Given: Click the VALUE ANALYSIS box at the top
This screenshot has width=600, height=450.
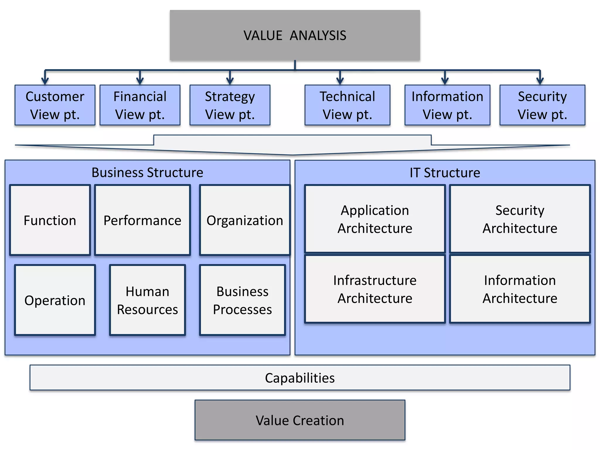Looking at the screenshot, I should (x=295, y=35).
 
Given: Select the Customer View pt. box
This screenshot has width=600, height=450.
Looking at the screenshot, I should (x=55, y=105).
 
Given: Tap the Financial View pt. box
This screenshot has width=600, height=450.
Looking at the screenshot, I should (x=140, y=105).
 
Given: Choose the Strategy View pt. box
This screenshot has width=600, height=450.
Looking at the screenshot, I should (x=230, y=105).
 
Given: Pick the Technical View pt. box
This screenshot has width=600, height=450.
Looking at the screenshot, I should (x=347, y=105).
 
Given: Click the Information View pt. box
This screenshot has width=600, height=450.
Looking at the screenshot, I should (x=447, y=105).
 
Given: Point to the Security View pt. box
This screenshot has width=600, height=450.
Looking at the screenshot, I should (x=542, y=105).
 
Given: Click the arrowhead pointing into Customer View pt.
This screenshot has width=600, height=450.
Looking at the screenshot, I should (x=45, y=81).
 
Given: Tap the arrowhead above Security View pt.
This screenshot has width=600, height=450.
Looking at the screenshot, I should (x=540, y=81).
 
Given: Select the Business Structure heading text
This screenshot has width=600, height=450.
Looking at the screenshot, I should (x=147, y=173).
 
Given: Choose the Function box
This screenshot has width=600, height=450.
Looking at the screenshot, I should (x=50, y=220).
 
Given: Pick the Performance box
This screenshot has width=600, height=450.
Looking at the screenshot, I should (x=142, y=220).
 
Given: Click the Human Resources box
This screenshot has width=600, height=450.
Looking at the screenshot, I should (x=147, y=300).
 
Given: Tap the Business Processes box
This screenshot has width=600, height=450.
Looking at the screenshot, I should (x=243, y=300).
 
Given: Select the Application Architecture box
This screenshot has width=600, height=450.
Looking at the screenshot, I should (x=375, y=219).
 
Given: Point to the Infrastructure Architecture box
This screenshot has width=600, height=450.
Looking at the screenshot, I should (x=375, y=289).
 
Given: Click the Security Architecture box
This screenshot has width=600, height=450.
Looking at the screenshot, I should (x=520, y=219).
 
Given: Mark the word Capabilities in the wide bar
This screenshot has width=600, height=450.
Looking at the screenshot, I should (x=300, y=378).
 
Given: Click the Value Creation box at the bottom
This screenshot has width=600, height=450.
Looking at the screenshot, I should (x=300, y=420).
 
